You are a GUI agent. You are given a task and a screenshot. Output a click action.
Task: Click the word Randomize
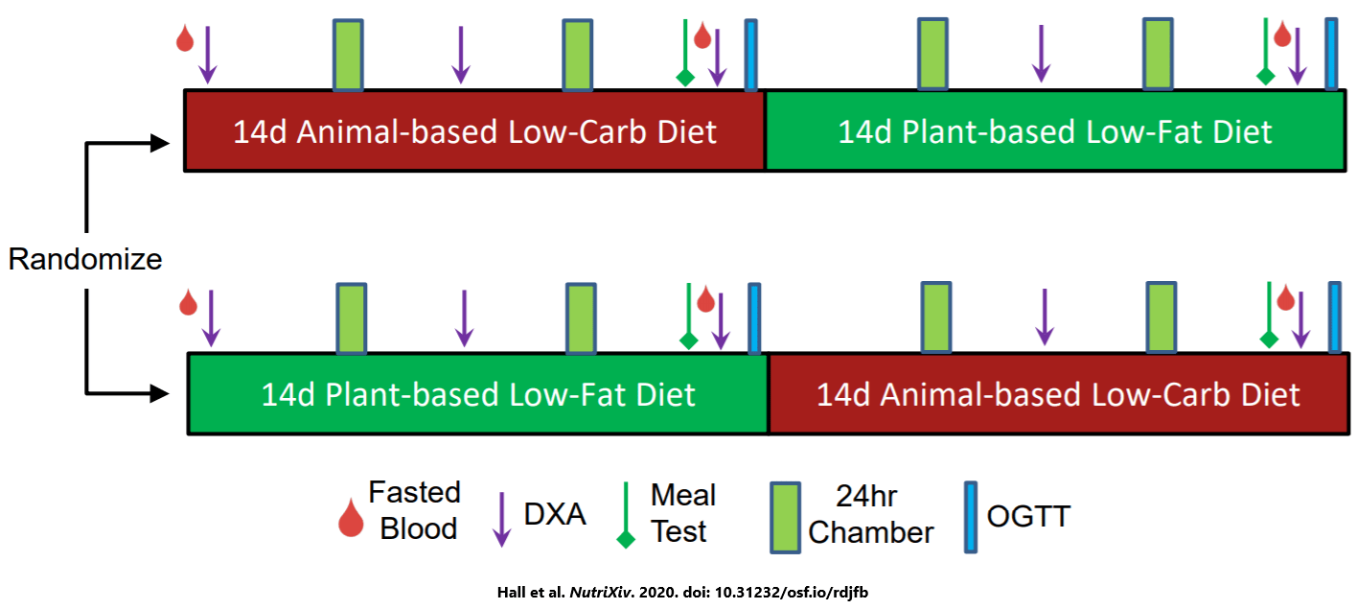tap(85, 259)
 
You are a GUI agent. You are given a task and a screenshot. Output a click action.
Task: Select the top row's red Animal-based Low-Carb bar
tap(474, 131)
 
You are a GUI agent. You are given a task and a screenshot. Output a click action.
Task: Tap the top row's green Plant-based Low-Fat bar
tap(1054, 131)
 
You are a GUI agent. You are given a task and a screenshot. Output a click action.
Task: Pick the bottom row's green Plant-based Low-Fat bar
tap(477, 394)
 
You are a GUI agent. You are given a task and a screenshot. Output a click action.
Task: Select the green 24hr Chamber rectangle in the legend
tap(786, 517)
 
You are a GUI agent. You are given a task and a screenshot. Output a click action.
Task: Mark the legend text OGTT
tap(1029, 516)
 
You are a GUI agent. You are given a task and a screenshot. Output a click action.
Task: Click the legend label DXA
tap(555, 514)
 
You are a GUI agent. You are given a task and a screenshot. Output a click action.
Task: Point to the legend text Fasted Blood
tap(415, 510)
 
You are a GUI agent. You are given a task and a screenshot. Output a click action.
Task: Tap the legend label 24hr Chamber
tap(870, 514)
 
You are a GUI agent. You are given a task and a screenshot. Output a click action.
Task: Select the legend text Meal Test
tap(681, 513)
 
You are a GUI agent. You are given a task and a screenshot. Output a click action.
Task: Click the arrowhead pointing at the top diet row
tap(157, 144)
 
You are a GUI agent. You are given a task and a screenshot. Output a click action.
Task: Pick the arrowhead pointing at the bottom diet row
tap(157, 392)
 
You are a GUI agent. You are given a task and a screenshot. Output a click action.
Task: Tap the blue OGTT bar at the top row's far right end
tap(1331, 54)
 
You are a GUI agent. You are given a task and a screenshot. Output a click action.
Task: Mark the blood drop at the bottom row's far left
tap(189, 304)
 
